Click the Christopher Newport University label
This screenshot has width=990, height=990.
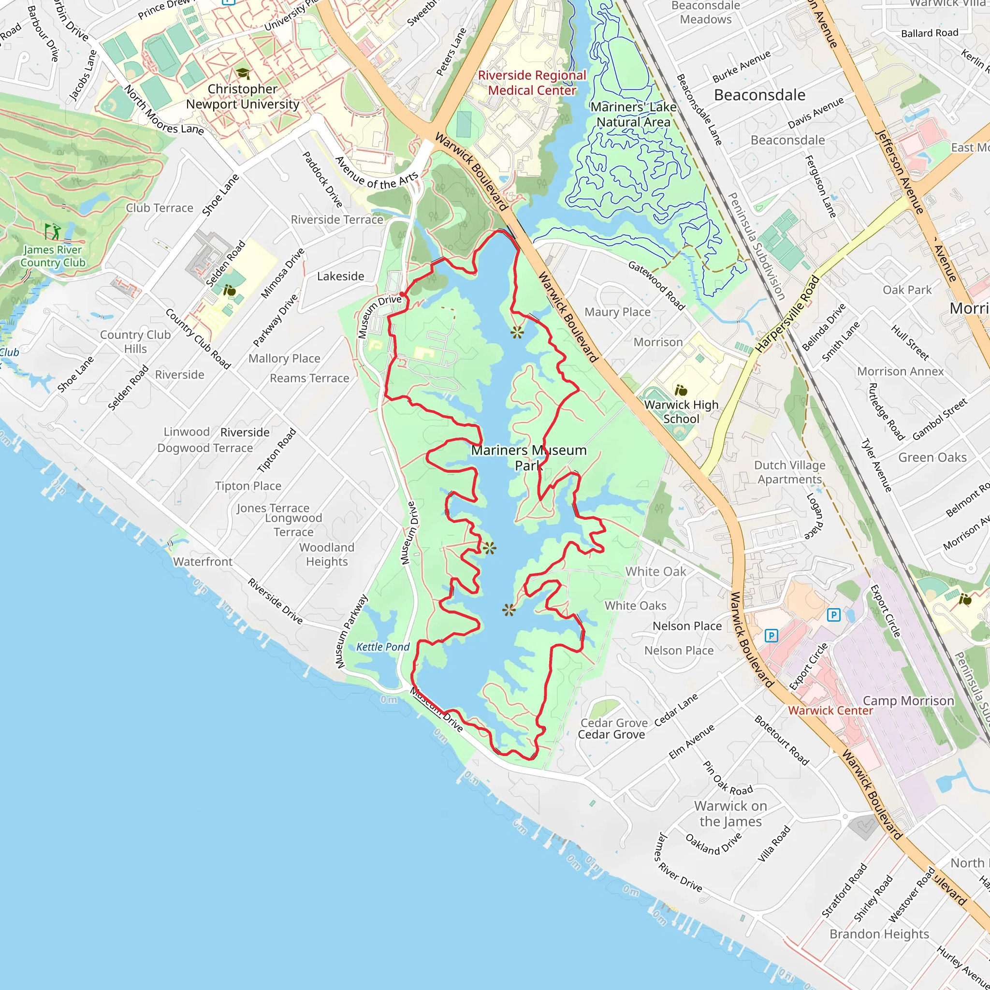(x=242, y=96)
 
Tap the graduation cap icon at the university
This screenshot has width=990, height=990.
(x=242, y=74)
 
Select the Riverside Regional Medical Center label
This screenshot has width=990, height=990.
(x=532, y=83)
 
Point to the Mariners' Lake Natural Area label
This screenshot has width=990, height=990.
(x=633, y=115)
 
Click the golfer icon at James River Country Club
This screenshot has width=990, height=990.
(x=52, y=232)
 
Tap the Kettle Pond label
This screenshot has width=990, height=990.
(x=383, y=647)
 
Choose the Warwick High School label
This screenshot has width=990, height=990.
(x=681, y=411)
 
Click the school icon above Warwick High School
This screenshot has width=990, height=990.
(x=681, y=391)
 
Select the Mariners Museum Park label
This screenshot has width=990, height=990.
(x=529, y=458)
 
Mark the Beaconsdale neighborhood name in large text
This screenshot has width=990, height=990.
(x=759, y=95)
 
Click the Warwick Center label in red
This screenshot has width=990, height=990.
(x=830, y=710)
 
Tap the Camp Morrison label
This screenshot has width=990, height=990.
(x=908, y=700)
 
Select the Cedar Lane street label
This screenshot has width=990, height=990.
(x=676, y=710)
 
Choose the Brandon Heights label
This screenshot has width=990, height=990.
(x=879, y=933)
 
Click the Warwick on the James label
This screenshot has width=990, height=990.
(x=730, y=814)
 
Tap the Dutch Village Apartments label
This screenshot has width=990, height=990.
(x=790, y=472)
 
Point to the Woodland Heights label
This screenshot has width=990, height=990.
(x=326, y=554)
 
